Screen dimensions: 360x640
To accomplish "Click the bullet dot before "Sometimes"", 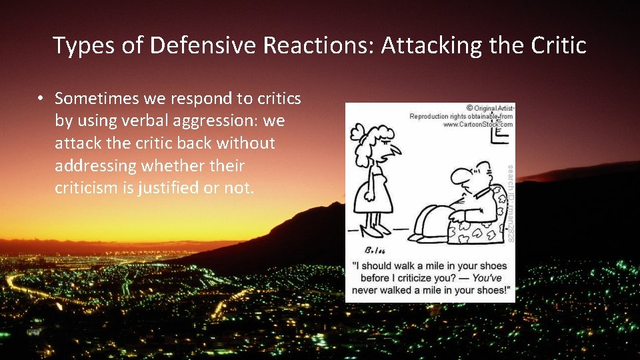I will pyautogui.click(x=41, y=99).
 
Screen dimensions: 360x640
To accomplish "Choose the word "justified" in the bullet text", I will pyautogui.click(x=171, y=187).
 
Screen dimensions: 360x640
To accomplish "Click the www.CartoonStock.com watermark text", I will pyautogui.click(x=477, y=124).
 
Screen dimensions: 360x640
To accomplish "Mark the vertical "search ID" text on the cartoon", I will pyautogui.click(x=511, y=200).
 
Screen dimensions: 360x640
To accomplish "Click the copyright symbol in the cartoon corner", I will pyautogui.click(x=470, y=108).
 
